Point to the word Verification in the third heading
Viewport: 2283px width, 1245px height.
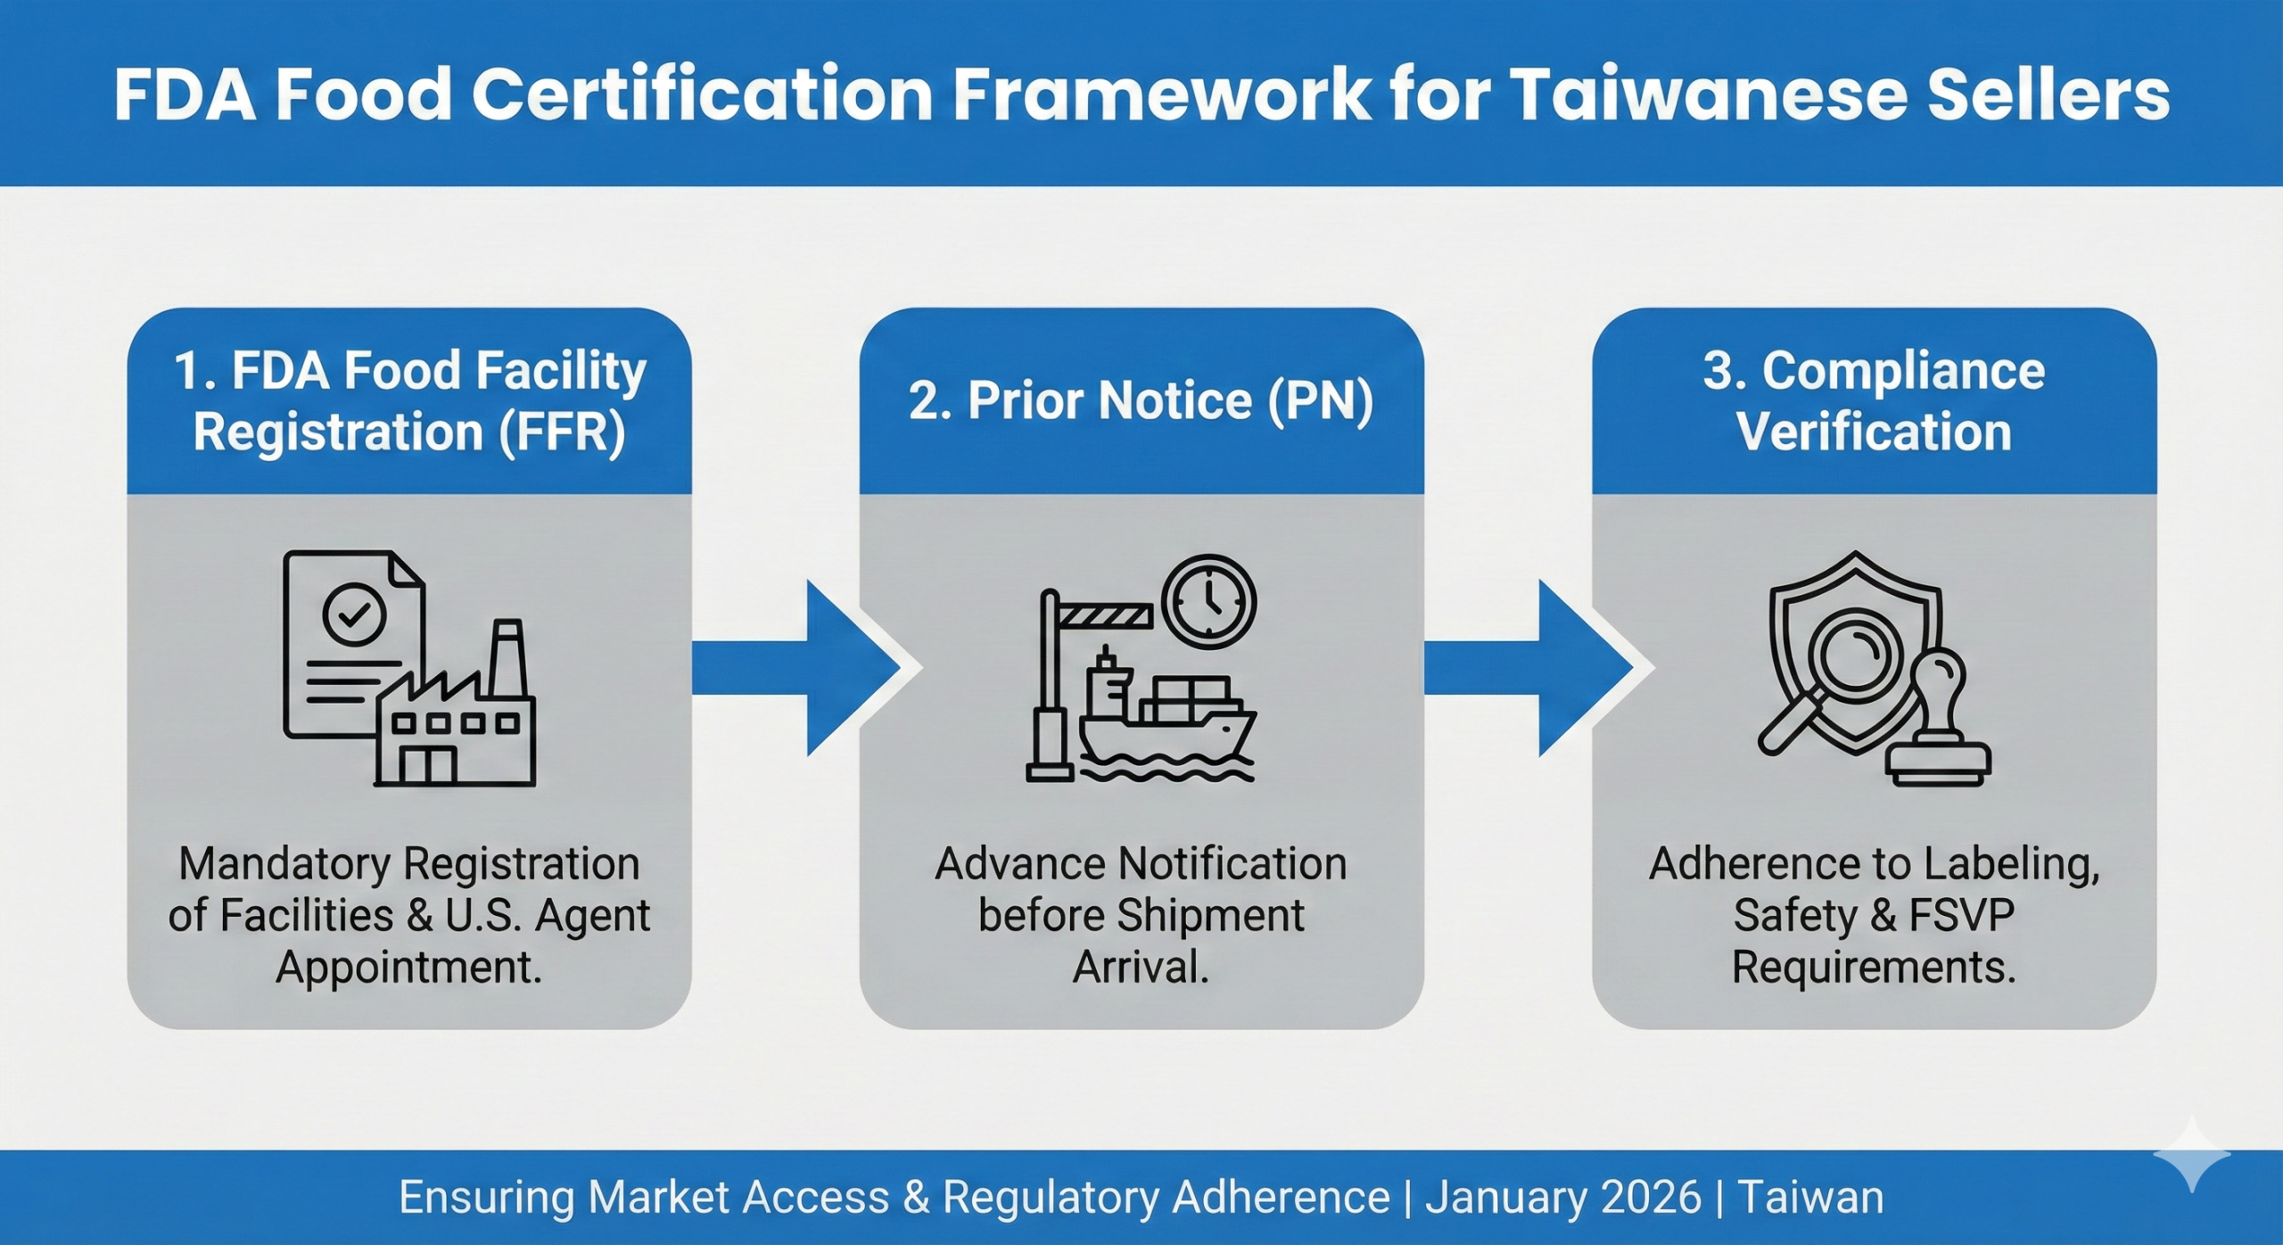[1874, 433]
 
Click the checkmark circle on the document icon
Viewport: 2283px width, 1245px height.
[354, 614]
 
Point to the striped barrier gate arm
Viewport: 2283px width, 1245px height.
[1106, 614]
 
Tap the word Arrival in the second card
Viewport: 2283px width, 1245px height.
[1141, 967]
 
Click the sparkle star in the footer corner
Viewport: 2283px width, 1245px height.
[2191, 1157]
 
